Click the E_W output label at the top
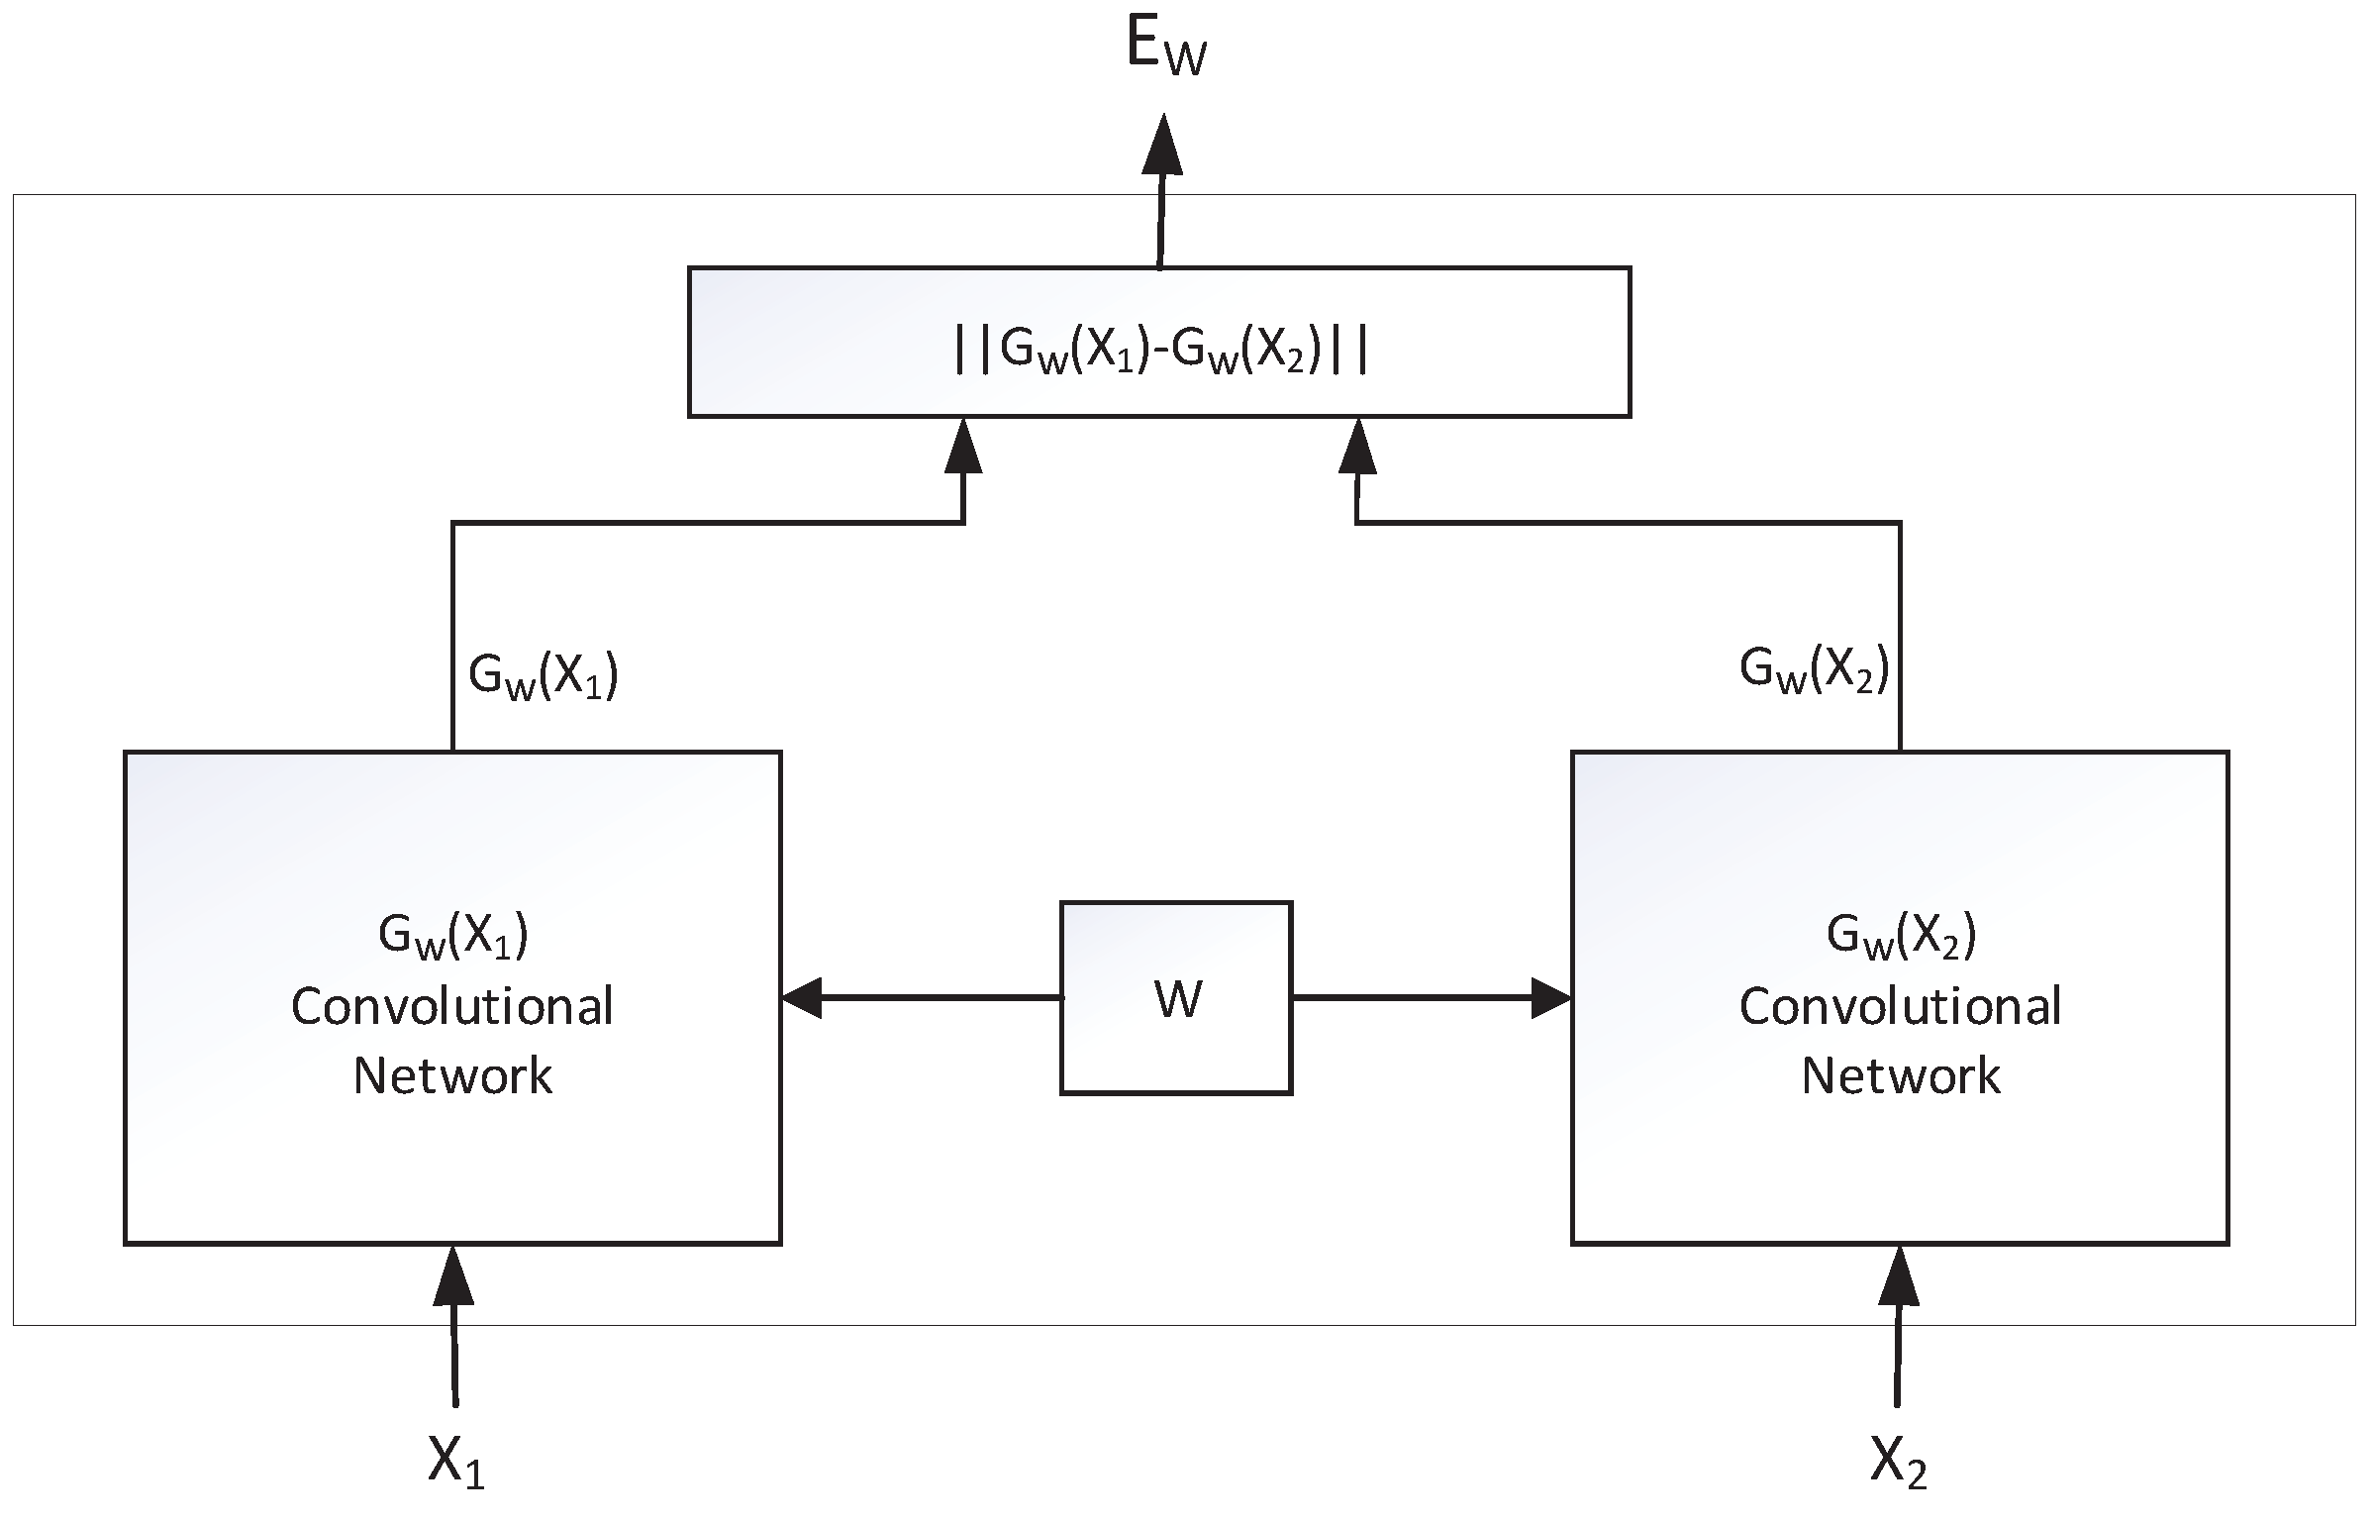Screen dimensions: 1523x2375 [x=1166, y=48]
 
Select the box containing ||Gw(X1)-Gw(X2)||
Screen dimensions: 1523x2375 [x=1158, y=342]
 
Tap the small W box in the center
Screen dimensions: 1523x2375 [x=1175, y=998]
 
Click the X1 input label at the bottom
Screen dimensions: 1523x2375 [x=455, y=1460]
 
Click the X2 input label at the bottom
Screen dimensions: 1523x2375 [x=1898, y=1460]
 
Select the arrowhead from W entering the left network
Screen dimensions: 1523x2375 [x=803, y=997]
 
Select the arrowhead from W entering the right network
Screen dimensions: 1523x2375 [x=1550, y=997]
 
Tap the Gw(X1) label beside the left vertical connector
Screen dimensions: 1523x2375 [x=544, y=677]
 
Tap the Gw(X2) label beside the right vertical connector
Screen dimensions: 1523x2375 [x=1814, y=670]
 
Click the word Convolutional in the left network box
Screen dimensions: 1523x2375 [x=452, y=1007]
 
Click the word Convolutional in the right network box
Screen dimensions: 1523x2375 [x=1900, y=1007]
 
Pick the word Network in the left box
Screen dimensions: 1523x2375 [x=452, y=1075]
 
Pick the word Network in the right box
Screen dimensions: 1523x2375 [x=1900, y=1075]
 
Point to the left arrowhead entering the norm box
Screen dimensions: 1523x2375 [x=963, y=447]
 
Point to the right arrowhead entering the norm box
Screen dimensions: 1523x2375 [x=1357, y=447]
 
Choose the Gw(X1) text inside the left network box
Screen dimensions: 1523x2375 [x=452, y=936]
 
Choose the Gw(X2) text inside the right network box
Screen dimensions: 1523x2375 [x=1900, y=936]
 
